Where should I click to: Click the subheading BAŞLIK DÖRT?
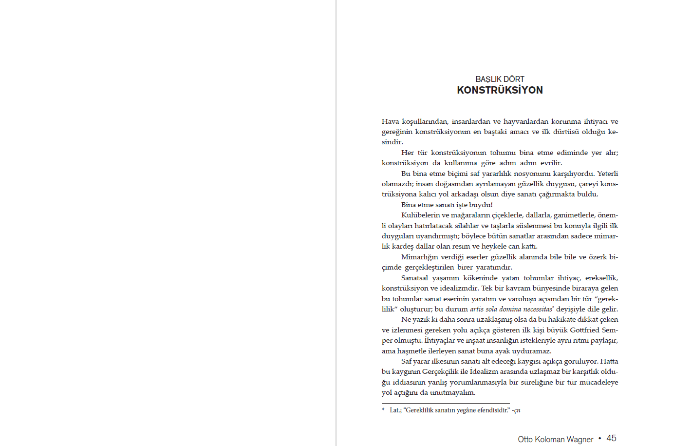point(500,79)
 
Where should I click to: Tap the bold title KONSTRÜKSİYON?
point(500,90)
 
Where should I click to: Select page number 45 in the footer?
point(612,438)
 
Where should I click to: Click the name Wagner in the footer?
point(580,439)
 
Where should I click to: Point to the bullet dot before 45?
point(600,438)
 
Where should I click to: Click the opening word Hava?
point(390,121)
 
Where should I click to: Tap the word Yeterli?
point(607,174)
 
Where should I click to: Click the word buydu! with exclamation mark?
point(481,205)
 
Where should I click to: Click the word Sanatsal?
point(414,278)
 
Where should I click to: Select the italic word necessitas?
point(538,309)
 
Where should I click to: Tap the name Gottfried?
point(584,330)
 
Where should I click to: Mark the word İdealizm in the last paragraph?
point(486,372)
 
